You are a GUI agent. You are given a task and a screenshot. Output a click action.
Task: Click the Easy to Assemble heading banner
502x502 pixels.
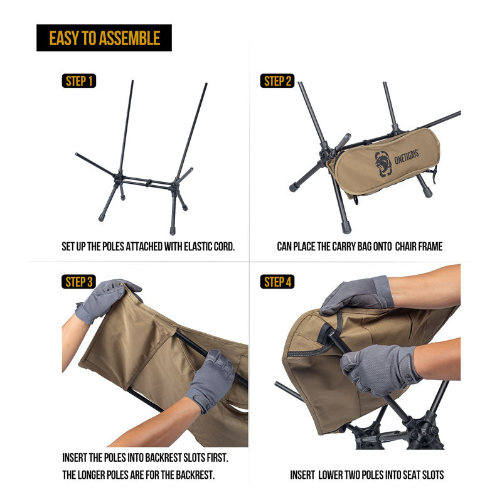pyautogui.click(x=104, y=38)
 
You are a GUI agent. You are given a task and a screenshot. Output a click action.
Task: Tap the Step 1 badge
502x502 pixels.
pyautogui.click(x=79, y=81)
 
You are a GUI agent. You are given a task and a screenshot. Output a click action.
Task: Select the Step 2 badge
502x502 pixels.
pyautogui.click(x=277, y=81)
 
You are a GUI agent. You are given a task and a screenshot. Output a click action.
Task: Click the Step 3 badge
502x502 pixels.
pyautogui.click(x=79, y=282)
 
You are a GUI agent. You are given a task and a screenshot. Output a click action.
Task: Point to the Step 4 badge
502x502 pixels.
pyautogui.click(x=277, y=282)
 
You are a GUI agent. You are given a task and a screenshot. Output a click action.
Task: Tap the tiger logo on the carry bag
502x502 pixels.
pyautogui.click(x=383, y=163)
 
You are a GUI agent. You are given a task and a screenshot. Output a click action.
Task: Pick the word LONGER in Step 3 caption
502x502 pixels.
pyautogui.click(x=98, y=475)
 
